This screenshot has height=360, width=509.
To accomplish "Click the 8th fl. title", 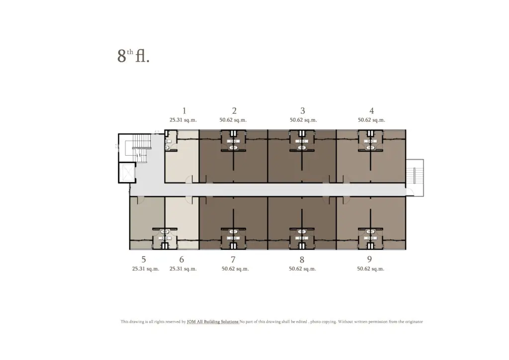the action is (133, 56).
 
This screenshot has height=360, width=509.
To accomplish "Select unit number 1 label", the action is (184, 111).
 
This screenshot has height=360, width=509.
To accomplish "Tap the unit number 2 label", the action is (234, 111).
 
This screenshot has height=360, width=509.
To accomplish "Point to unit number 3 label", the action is (303, 111).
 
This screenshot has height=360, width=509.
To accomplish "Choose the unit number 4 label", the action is (371, 111).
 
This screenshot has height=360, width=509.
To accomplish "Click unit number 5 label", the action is (144, 260).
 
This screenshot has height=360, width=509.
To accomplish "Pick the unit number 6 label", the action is (181, 260).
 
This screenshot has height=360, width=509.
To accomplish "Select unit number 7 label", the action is (233, 260).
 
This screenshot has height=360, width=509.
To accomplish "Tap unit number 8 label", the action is (302, 260).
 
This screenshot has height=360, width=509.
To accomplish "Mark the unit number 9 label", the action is (369, 260).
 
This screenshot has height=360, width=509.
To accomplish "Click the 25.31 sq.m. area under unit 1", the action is (183, 120).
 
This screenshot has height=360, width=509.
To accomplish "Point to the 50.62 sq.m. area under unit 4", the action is (371, 120).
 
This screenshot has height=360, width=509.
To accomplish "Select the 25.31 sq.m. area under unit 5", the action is (146, 269).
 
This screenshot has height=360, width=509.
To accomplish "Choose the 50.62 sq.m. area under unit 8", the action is (302, 269).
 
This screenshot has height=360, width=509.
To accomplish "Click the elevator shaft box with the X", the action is (127, 173).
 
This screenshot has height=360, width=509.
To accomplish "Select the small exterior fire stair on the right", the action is (415, 178).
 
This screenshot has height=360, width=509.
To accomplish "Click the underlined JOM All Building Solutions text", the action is (213, 322).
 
